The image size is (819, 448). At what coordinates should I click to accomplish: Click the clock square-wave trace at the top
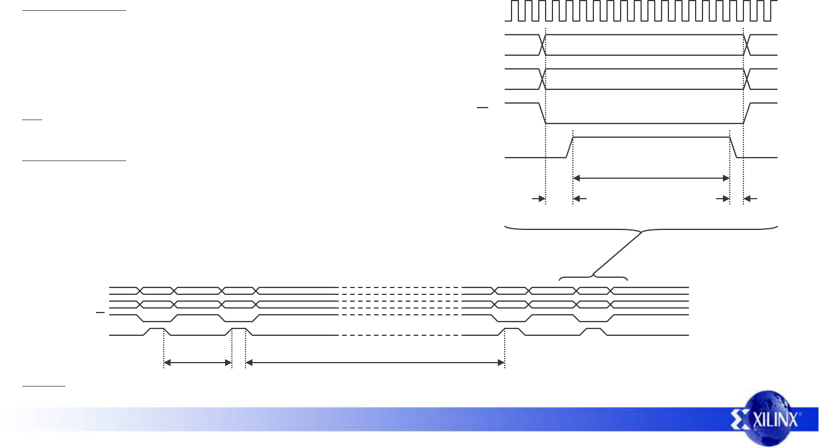[x=642, y=11]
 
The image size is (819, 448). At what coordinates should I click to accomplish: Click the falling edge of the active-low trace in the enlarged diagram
[x=542, y=113]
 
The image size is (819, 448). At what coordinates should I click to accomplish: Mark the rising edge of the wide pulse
[x=569, y=147]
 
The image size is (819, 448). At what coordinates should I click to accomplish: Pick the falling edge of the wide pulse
[x=733, y=147]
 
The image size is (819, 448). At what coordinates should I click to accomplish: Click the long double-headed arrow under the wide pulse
[x=651, y=178]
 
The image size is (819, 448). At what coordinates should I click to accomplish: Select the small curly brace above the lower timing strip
[x=593, y=278]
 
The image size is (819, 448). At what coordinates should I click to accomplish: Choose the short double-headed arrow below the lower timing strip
[x=198, y=362]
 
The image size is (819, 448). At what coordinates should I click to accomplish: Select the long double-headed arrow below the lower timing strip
[x=375, y=362]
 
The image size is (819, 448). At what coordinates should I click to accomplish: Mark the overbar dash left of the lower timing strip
[x=100, y=313]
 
